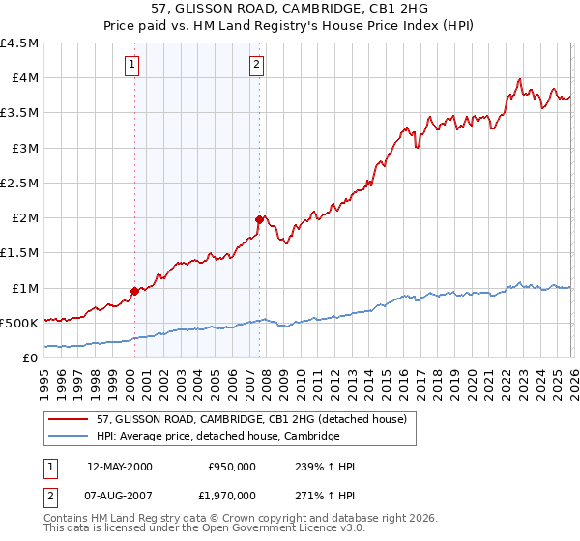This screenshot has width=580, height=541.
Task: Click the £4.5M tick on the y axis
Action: coord(20,43)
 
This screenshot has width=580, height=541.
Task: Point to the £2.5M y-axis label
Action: coord(20,183)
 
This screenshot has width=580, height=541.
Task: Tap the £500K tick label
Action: coord(20,323)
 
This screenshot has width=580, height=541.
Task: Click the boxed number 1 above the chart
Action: coord(131,65)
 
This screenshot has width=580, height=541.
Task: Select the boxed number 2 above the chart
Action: coord(256,65)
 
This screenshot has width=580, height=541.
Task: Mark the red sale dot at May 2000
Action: coord(134,291)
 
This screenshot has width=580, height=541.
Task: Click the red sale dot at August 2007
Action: coord(258,219)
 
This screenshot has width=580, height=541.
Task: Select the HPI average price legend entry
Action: coord(217,436)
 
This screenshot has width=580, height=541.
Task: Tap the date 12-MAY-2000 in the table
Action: coord(120,467)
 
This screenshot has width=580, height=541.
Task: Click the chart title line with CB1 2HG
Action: coord(289,8)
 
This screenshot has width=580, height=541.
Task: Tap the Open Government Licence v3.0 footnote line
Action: coord(204,529)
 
